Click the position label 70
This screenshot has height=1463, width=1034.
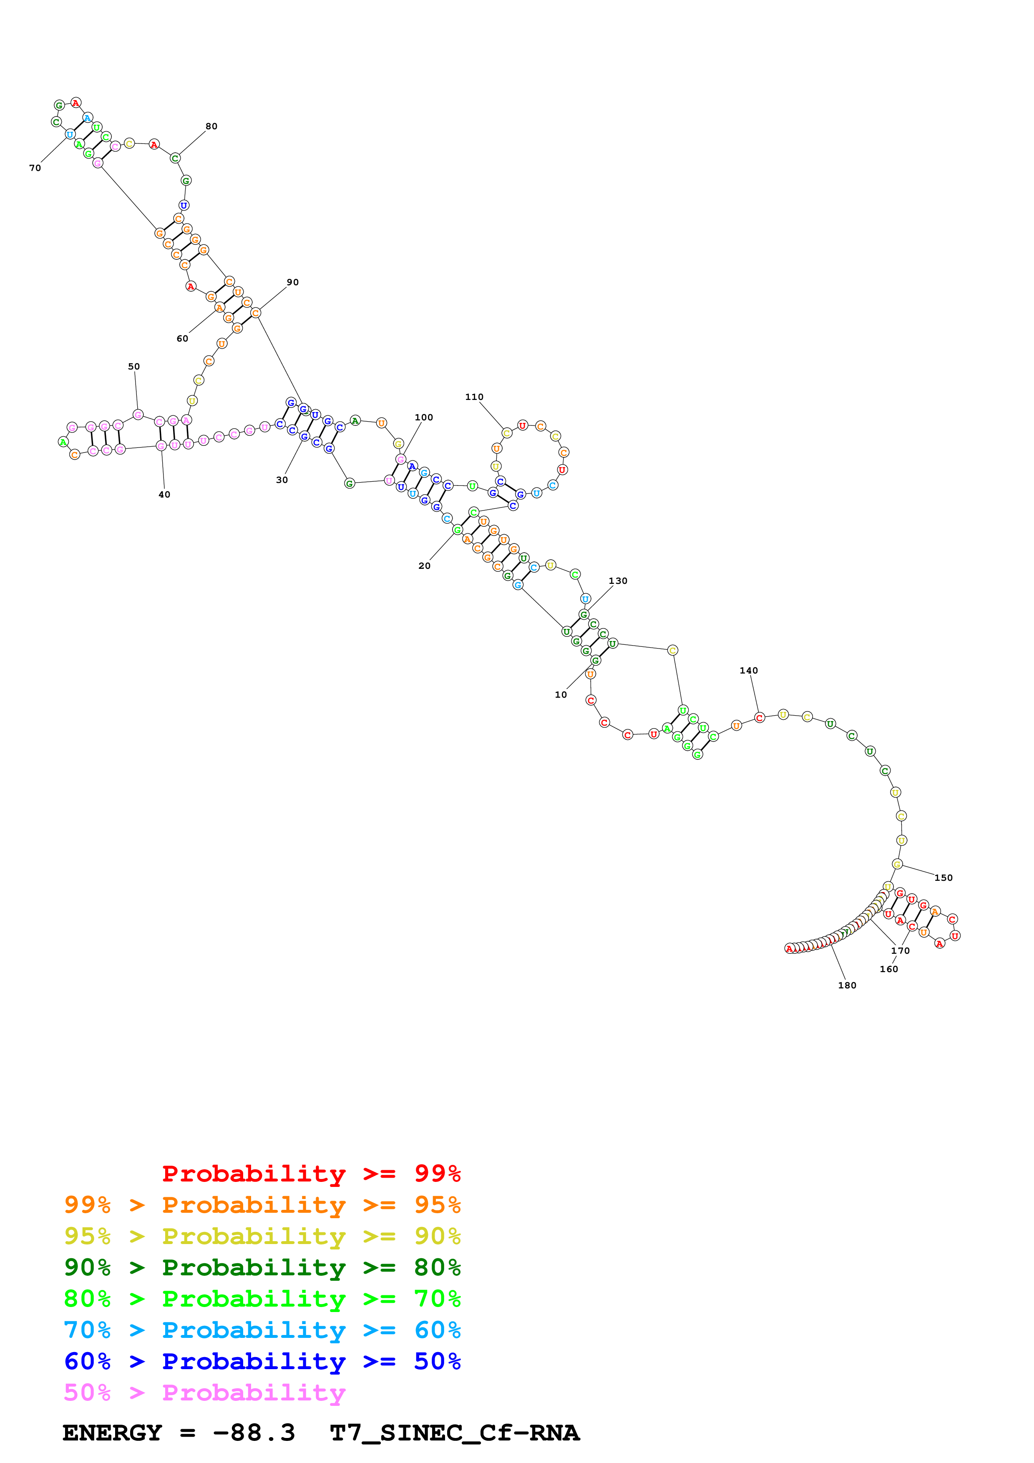click(35, 168)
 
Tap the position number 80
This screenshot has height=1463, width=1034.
click(211, 126)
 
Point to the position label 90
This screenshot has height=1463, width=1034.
click(292, 282)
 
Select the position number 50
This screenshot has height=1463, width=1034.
click(134, 367)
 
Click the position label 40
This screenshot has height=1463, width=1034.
click(164, 495)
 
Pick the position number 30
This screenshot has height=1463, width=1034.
click(282, 480)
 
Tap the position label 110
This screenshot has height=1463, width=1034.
click(474, 397)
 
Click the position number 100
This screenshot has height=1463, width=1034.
click(424, 417)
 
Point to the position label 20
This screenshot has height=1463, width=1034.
click(424, 566)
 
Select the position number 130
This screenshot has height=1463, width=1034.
click(618, 581)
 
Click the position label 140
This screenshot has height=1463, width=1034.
click(749, 670)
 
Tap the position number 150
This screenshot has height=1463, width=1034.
click(943, 878)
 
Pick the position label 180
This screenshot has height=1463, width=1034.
click(847, 986)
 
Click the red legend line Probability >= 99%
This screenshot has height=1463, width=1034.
click(311, 1174)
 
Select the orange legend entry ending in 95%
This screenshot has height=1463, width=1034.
click(262, 1205)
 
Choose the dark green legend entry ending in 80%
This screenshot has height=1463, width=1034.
click(262, 1267)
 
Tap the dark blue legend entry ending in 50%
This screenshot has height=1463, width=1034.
click(262, 1361)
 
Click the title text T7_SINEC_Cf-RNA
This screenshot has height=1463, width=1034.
click(454, 1433)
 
